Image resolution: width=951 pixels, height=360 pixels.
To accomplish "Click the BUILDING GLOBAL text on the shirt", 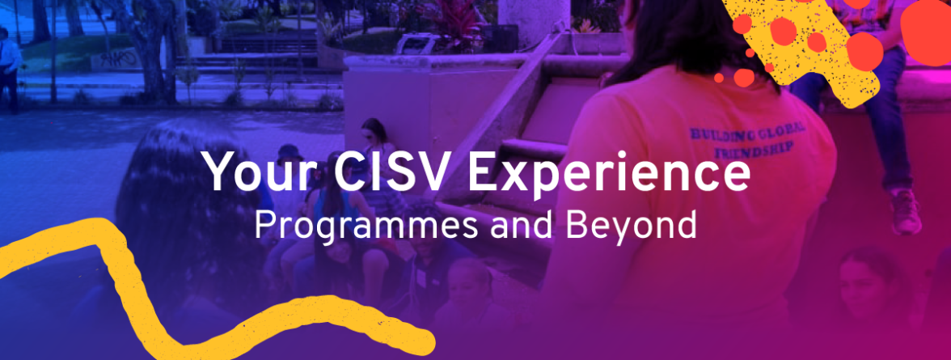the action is click(x=746, y=130).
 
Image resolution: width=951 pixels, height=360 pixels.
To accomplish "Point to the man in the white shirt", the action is click(x=9, y=67).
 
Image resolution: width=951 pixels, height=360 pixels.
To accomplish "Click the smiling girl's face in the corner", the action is click(x=864, y=283).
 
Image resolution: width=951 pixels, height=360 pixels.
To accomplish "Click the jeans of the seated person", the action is click(x=873, y=121).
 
